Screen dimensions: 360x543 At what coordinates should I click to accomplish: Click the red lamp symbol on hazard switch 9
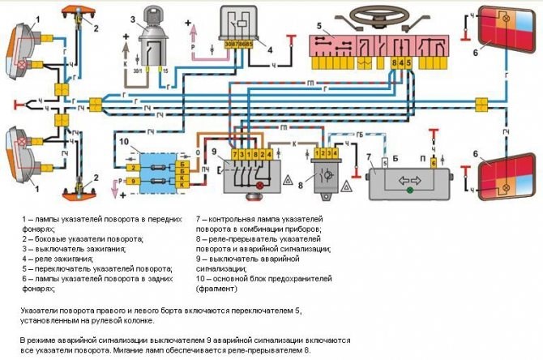point(259,186)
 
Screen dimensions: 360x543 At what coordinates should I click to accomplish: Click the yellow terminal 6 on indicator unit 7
point(433,163)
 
